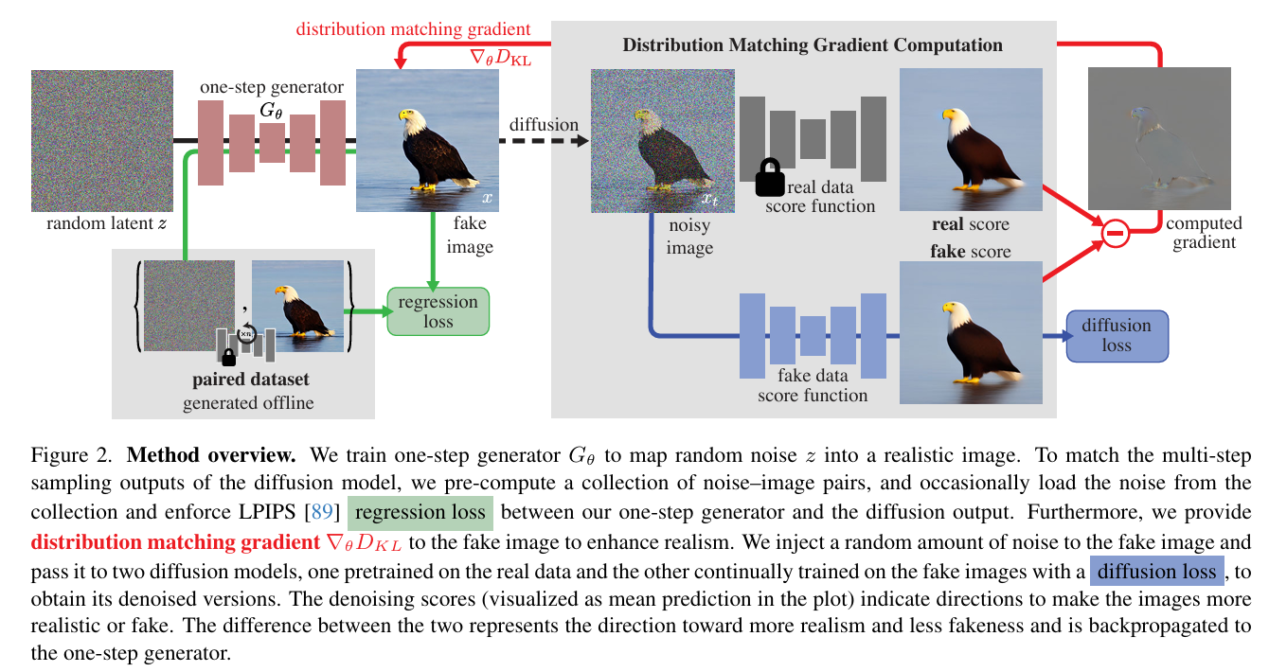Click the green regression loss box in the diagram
click(x=438, y=311)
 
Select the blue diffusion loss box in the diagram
click(x=1117, y=335)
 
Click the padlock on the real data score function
click(x=769, y=178)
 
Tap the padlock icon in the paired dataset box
click(x=228, y=356)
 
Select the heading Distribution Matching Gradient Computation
click(x=812, y=44)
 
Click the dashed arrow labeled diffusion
click(x=545, y=143)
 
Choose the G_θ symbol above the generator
click(x=271, y=111)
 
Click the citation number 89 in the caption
click(x=323, y=513)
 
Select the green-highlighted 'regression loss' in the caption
click(x=420, y=513)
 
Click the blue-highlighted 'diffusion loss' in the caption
click(x=1156, y=572)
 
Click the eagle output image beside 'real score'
click(x=971, y=140)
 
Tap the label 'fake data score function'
click(x=813, y=385)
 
